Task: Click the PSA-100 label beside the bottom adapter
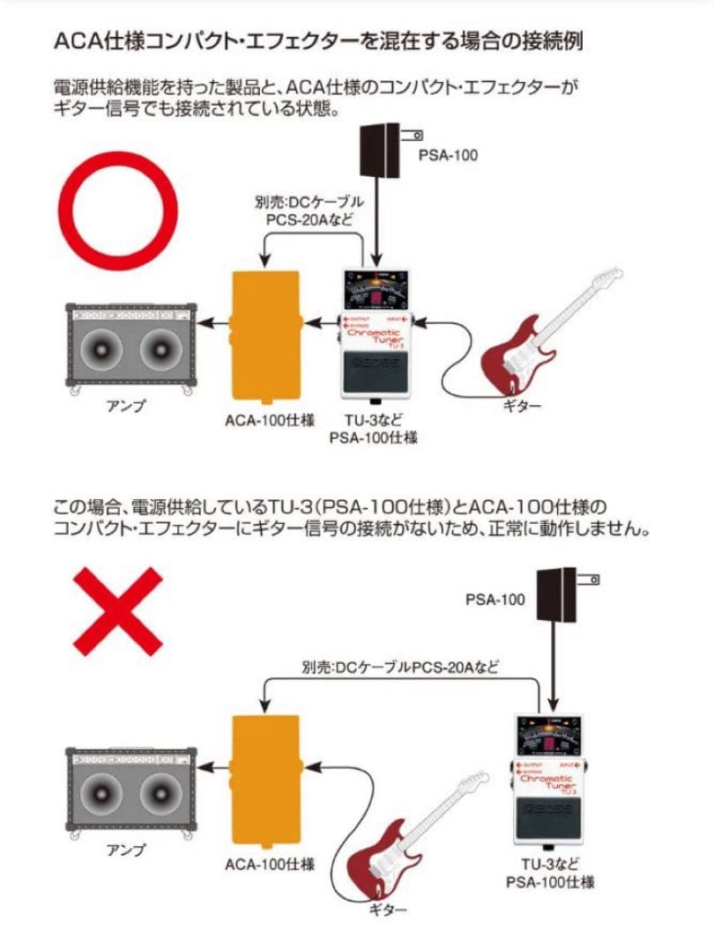coord(495,600)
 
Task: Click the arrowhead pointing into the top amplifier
coord(205,324)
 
